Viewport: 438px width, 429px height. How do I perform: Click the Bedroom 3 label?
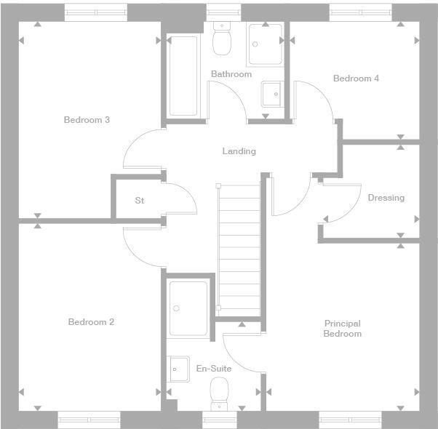pyautogui.click(x=87, y=120)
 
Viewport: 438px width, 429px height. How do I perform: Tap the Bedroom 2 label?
pyautogui.click(x=91, y=322)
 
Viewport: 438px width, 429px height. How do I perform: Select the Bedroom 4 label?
pyautogui.click(x=356, y=79)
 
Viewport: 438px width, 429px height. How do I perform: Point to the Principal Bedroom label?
pyautogui.click(x=342, y=329)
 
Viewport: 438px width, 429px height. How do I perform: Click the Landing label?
pyautogui.click(x=239, y=151)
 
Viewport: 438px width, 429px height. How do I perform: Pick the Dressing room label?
pyautogui.click(x=386, y=198)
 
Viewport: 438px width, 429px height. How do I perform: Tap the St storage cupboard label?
pyautogui.click(x=140, y=200)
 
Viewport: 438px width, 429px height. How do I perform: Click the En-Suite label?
pyautogui.click(x=214, y=369)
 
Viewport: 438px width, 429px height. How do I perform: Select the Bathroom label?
pyautogui.click(x=231, y=74)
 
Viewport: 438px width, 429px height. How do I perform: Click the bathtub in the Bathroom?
pyautogui.click(x=183, y=76)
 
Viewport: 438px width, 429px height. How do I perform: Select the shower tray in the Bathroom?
pyautogui.click(x=265, y=45)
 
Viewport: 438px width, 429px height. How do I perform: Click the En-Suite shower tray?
pyautogui.click(x=188, y=308)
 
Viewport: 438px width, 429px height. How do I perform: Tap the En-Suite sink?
pyautogui.click(x=179, y=369)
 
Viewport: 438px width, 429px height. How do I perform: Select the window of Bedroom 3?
pyautogui.click(x=95, y=12)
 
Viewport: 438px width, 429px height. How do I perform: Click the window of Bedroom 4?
pyautogui.click(x=360, y=12)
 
